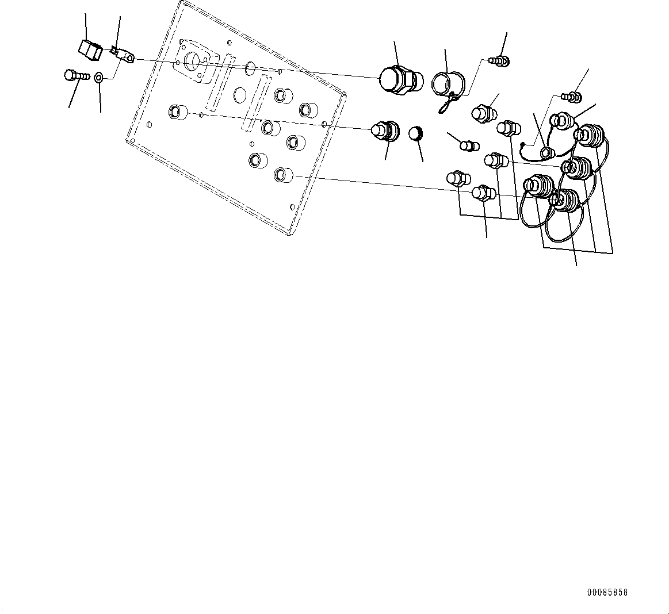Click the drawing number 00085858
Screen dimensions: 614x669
pyautogui.click(x=607, y=592)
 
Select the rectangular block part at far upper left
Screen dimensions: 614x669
pyautogui.click(x=90, y=49)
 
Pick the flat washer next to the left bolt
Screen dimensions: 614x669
pyautogui.click(x=99, y=77)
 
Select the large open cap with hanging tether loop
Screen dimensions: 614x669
pyautogui.click(x=444, y=82)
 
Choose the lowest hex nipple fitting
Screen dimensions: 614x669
pyautogui.click(x=482, y=193)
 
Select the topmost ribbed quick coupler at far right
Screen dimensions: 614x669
pyautogui.click(x=591, y=136)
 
